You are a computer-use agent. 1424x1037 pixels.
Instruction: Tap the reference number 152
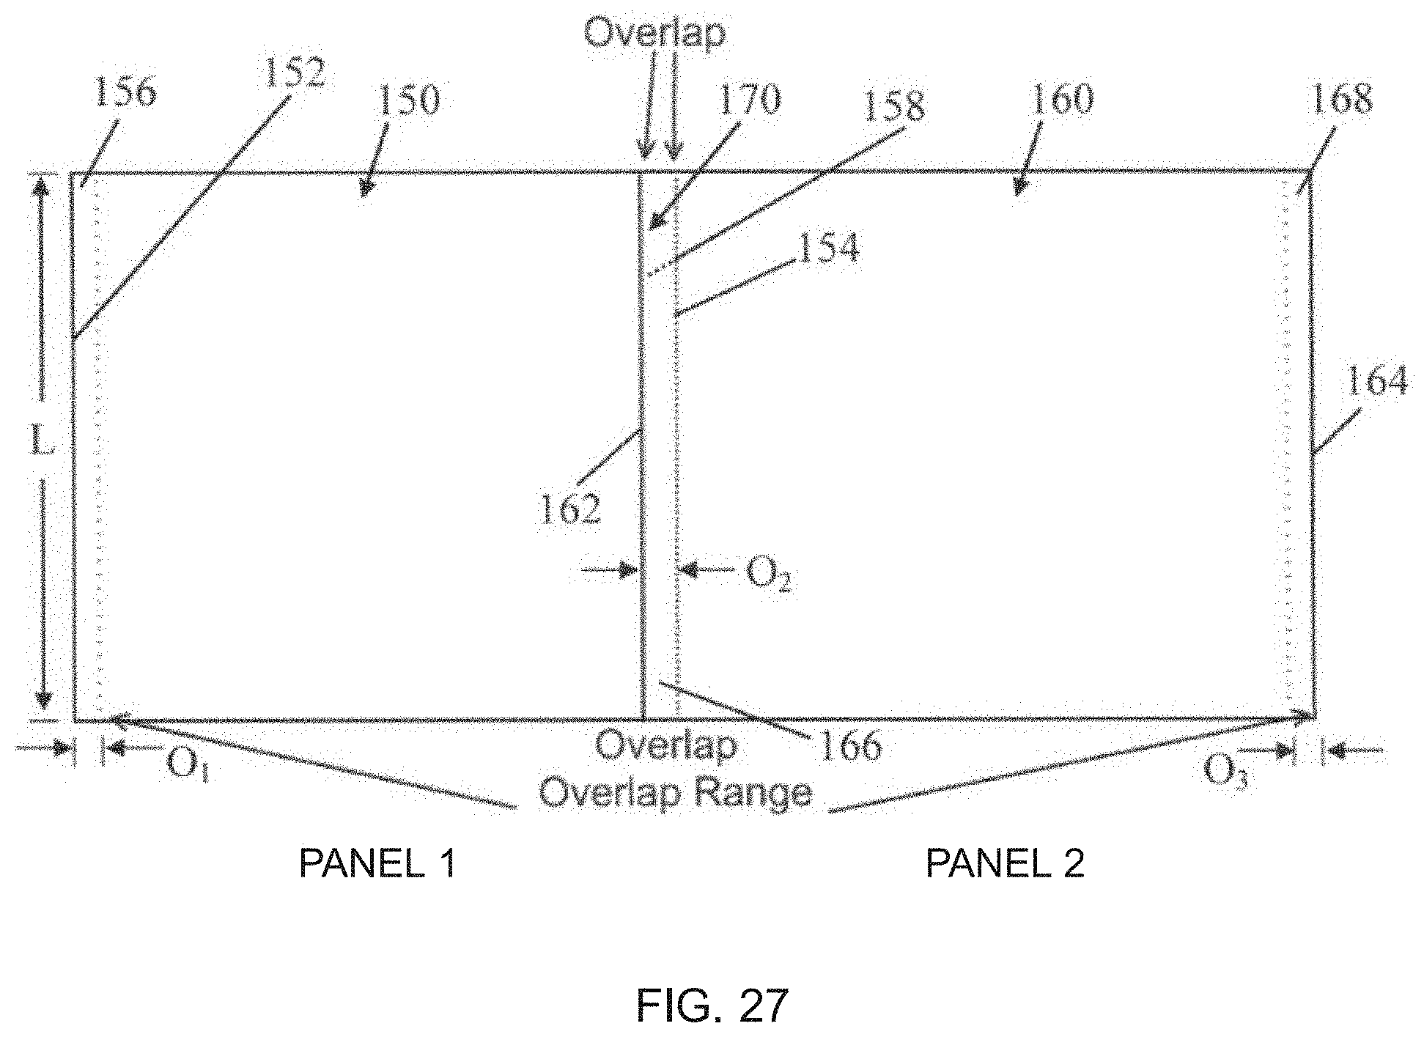coord(295,74)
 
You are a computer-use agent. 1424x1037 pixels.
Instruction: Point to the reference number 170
coord(749,100)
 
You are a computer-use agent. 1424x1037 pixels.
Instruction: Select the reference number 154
coord(828,249)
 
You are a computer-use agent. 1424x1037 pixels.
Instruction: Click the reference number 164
coord(1377,383)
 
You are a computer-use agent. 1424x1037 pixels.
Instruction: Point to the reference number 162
coord(570,509)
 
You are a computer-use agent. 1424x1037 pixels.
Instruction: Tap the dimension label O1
coord(188,766)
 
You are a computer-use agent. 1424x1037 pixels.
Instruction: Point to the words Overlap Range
coord(675,793)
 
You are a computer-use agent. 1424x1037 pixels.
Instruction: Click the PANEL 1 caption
coord(377,864)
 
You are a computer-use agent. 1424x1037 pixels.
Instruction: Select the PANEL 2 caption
coord(1005,864)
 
